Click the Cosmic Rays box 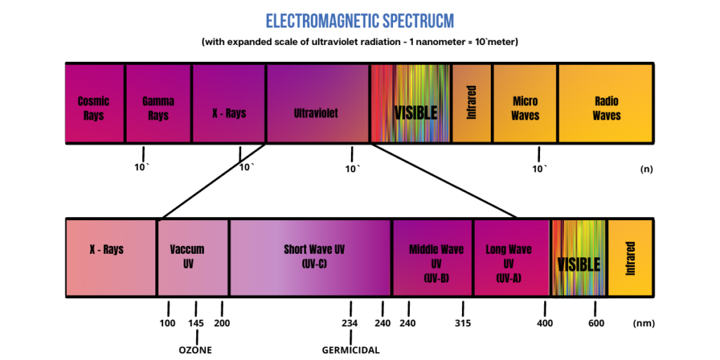pyautogui.click(x=94, y=108)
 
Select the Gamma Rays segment pyautogui.click(x=158, y=108)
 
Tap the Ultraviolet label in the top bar pyautogui.click(x=316, y=112)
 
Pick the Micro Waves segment pyautogui.click(x=525, y=108)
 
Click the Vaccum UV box pyautogui.click(x=187, y=257)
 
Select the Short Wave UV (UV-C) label pyautogui.click(x=315, y=257)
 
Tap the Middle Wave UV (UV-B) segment pyautogui.click(x=436, y=263)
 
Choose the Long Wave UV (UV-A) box pyautogui.click(x=509, y=263)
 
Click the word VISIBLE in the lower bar pyautogui.click(x=579, y=264)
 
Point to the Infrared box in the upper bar pyautogui.click(x=472, y=103)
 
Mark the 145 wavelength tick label pyautogui.click(x=196, y=323)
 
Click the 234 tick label pyautogui.click(x=349, y=323)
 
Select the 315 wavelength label pyautogui.click(x=463, y=323)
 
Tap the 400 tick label pyautogui.click(x=544, y=323)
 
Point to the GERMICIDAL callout pyautogui.click(x=351, y=349)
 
